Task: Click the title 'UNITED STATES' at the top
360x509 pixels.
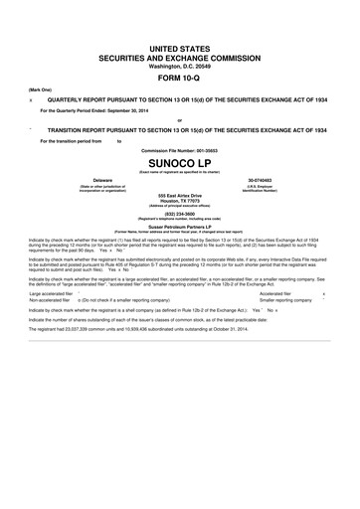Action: (x=180, y=34)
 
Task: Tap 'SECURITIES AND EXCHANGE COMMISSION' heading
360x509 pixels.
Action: (x=180, y=45)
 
